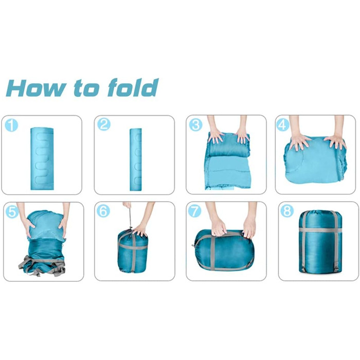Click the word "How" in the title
tap(36, 88)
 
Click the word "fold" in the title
tap(133, 87)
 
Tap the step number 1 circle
tap(11, 125)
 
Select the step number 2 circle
tap(104, 124)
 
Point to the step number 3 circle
tap(195, 124)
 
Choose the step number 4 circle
tap(283, 124)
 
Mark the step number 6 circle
tap(103, 211)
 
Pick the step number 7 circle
tap(194, 211)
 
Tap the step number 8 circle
tap(287, 211)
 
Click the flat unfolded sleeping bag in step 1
tap(42, 158)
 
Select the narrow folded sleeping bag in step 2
tap(136, 159)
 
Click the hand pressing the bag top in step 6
tap(140, 230)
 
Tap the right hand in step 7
tap(249, 226)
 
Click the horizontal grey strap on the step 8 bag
tap(320, 229)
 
